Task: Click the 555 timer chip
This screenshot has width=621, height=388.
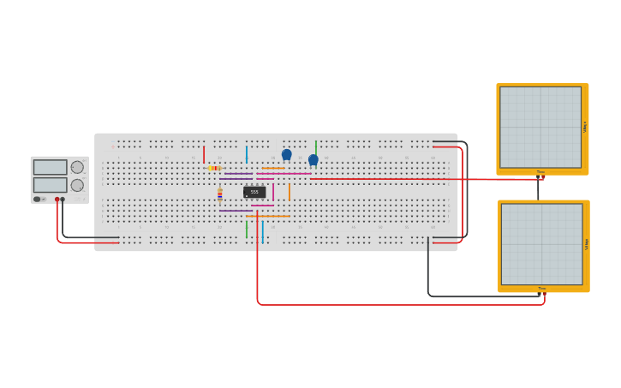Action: (254, 192)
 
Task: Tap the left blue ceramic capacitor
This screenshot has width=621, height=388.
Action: (287, 155)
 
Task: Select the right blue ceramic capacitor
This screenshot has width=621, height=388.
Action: (313, 160)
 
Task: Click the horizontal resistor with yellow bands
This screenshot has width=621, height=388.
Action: (214, 168)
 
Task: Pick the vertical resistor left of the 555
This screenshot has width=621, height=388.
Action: (220, 194)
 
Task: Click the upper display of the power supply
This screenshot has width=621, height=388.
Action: (50, 167)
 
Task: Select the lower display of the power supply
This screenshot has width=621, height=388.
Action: (50, 184)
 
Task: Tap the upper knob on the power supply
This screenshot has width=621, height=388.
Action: (77, 167)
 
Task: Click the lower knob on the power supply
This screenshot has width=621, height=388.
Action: (77, 185)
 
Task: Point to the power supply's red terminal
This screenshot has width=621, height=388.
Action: (57, 200)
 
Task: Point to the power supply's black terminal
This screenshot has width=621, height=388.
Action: (63, 200)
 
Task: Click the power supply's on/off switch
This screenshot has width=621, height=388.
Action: (38, 200)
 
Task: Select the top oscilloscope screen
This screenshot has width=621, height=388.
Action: (540, 127)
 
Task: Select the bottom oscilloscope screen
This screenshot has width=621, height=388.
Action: (541, 243)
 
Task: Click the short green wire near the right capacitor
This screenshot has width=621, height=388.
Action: (316, 147)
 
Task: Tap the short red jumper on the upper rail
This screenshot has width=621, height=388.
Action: (204, 154)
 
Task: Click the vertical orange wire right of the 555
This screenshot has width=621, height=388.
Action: (290, 192)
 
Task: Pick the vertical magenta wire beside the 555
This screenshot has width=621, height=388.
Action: (273, 193)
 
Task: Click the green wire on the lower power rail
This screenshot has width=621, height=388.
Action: (247, 229)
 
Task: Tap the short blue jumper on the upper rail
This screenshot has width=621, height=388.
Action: (247, 154)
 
